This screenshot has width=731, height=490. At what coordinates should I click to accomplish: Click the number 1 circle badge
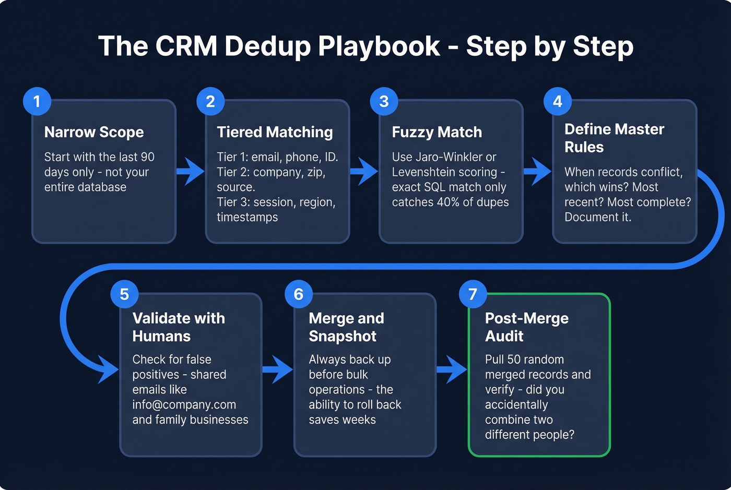[x=37, y=101]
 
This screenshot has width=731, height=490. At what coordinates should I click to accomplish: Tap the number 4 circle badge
[x=557, y=101]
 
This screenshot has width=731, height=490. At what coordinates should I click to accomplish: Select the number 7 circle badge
[x=473, y=294]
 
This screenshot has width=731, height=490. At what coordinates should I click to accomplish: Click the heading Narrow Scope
[x=94, y=132]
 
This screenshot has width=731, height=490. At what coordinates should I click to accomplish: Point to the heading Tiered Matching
[x=275, y=132]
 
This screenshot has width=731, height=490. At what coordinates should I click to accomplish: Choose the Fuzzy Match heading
[x=437, y=132]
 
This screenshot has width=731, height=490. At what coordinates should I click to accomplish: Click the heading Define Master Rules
[x=614, y=138]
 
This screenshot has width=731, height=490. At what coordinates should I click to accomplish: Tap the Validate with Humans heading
[x=179, y=327]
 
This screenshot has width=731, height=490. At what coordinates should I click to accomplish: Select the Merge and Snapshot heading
[x=346, y=327]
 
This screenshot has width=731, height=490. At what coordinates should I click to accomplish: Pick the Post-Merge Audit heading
[x=526, y=327]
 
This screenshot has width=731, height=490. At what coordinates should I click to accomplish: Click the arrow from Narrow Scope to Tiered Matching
[x=191, y=171]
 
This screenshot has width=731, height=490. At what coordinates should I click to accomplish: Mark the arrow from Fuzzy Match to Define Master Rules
[x=538, y=171]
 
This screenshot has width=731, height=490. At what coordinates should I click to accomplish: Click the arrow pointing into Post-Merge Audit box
[x=452, y=369]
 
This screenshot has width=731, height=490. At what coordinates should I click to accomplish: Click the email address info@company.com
[x=184, y=404]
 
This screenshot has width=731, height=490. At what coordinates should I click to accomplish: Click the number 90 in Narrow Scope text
[x=148, y=157]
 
